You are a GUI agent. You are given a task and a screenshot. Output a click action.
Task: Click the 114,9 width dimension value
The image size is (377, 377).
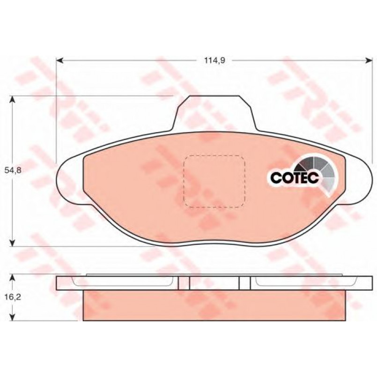[x=214, y=60]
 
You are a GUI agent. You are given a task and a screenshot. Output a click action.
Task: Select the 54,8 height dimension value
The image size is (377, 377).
[x=13, y=170]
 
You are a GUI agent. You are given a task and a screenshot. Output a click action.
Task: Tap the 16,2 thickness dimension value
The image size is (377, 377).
[x=13, y=297]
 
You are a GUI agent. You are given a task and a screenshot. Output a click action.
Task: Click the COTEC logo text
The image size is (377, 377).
[x=295, y=177]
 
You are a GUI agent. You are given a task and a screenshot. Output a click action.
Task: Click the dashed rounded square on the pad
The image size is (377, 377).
[x=214, y=181]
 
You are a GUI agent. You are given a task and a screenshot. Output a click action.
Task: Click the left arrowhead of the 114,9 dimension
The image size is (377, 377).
[x=59, y=60]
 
